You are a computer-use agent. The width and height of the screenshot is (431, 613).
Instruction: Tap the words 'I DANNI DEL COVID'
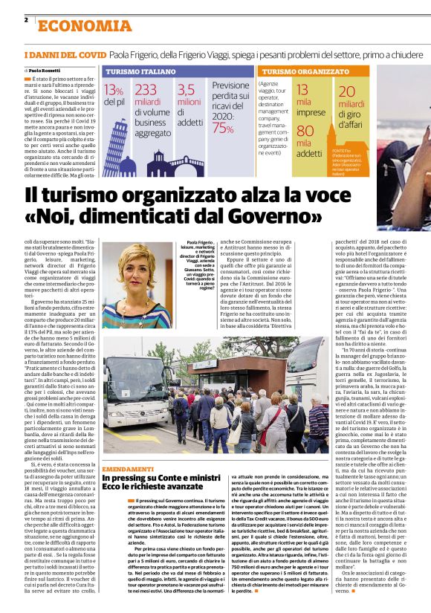[x=65, y=55]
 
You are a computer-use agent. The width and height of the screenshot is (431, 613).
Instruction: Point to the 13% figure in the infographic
[x=114, y=91]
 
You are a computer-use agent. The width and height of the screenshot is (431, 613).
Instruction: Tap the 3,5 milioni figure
[x=188, y=90]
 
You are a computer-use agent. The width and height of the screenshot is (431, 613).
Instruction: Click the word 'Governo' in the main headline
[x=263, y=219]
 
